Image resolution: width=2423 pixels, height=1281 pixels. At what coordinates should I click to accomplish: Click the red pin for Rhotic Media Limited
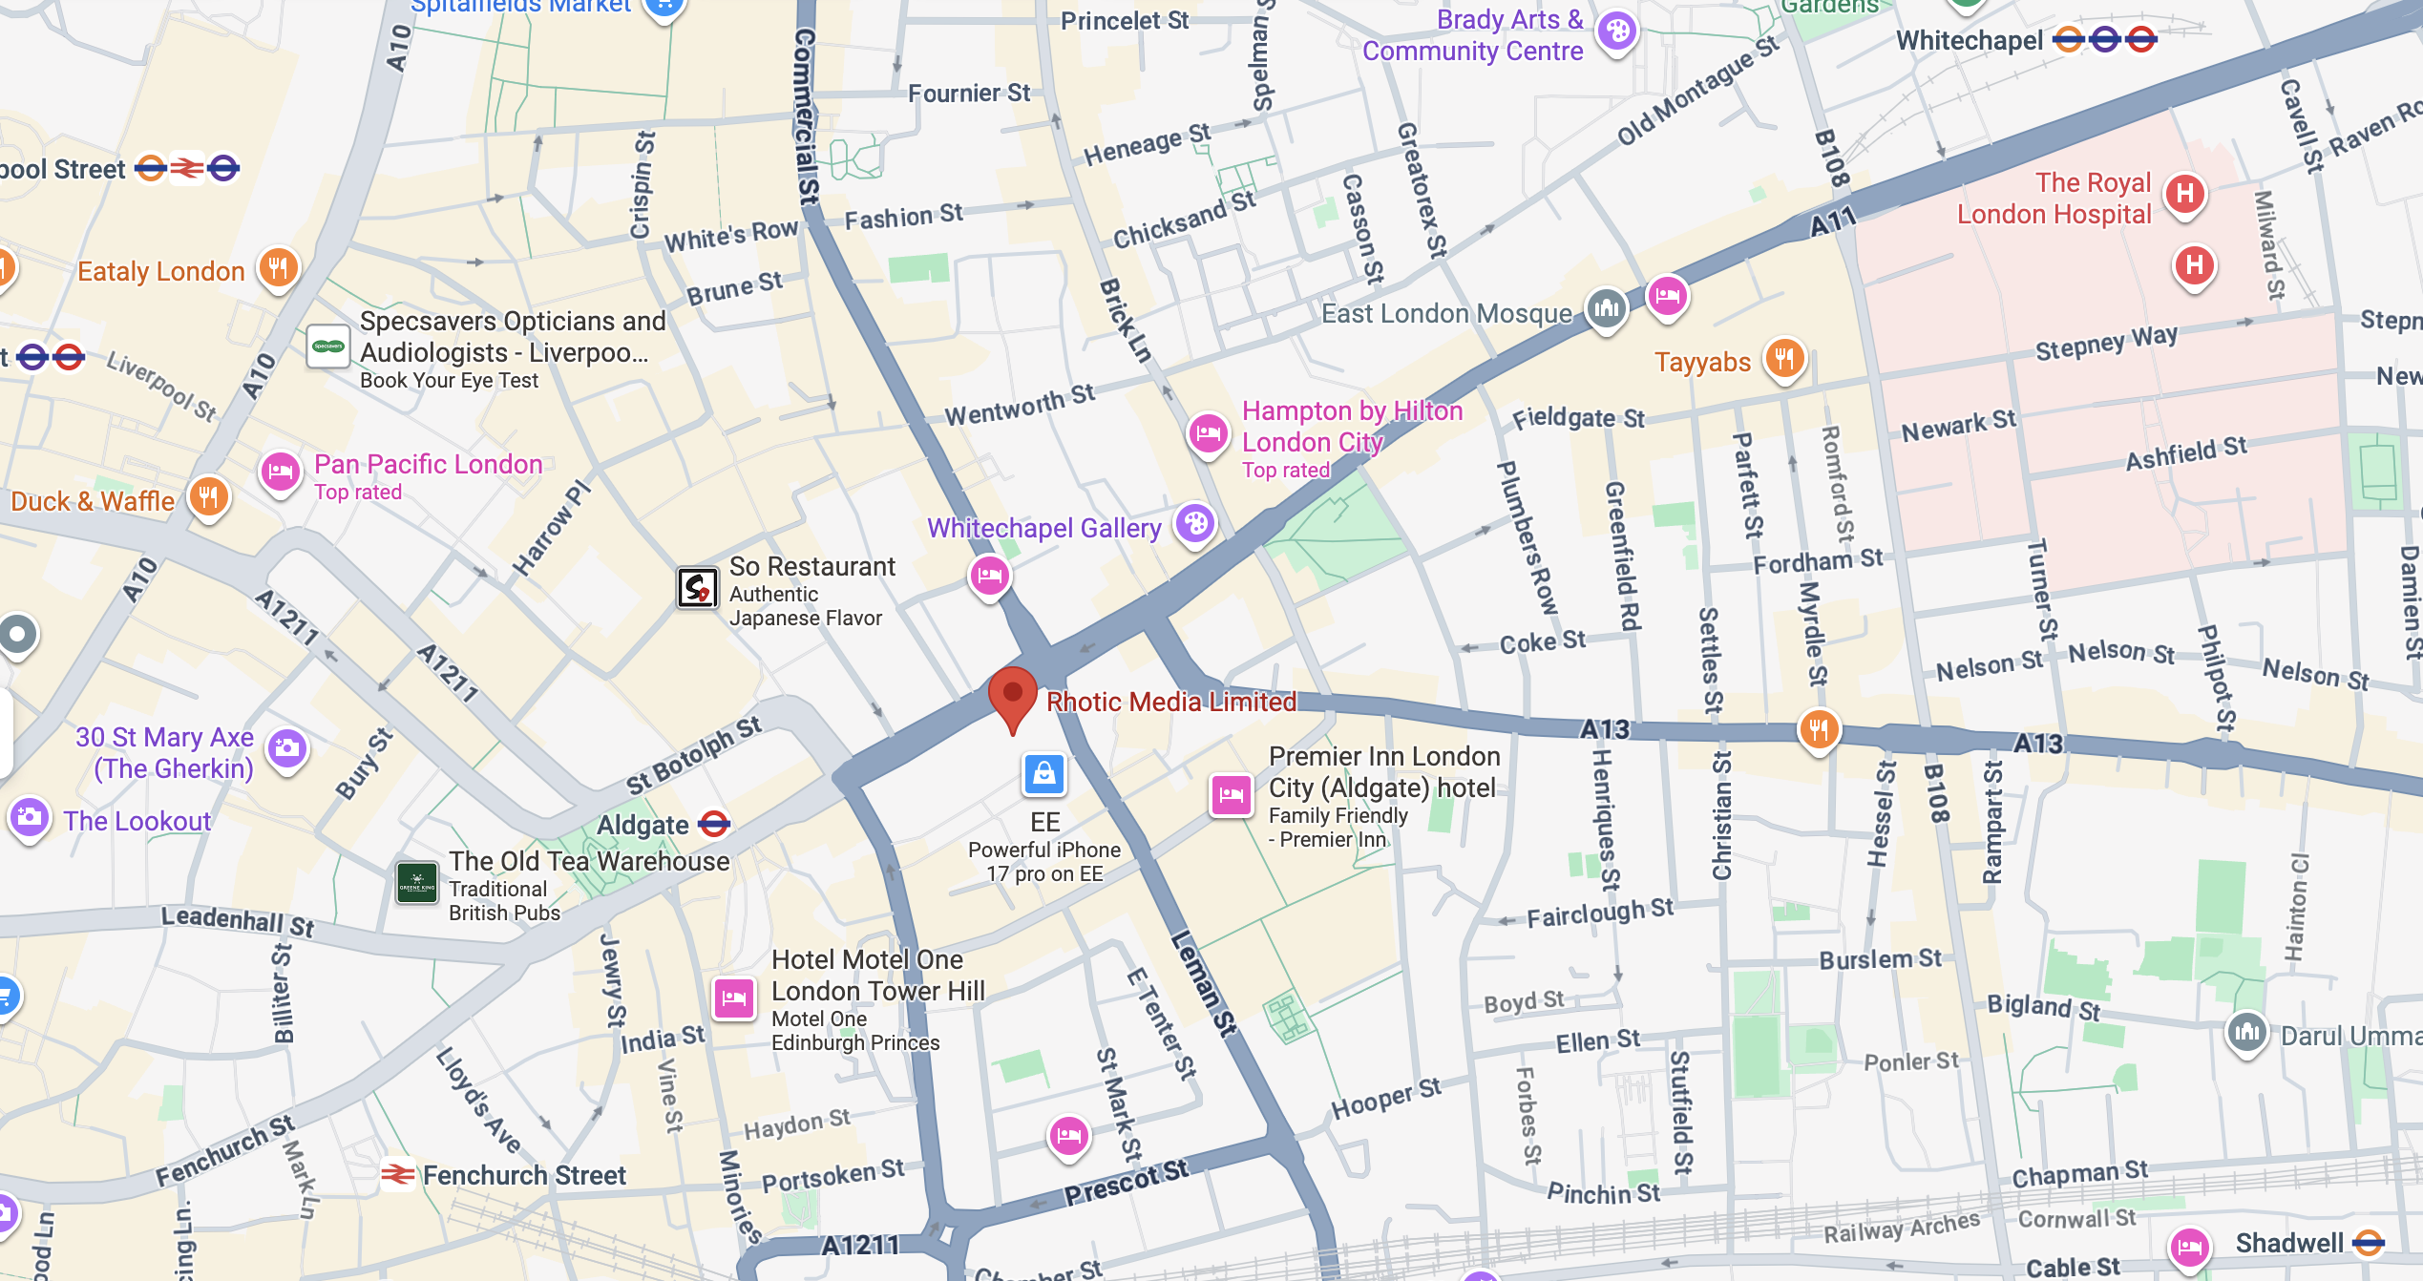1012,695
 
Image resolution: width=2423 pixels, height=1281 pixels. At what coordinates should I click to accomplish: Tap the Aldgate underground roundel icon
714,824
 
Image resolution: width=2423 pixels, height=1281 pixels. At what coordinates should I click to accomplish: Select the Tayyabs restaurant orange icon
1784,360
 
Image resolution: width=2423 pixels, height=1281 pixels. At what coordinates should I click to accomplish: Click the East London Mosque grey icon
1606,308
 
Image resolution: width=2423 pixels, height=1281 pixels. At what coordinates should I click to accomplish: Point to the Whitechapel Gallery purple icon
1195,523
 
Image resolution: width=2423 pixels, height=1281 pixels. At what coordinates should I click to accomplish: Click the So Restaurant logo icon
698,587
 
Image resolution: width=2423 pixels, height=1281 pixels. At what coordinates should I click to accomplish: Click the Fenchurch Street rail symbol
398,1174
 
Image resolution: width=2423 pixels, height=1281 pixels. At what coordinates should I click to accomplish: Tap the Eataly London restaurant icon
278,268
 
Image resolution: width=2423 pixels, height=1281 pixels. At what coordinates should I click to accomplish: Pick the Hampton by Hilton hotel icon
1208,434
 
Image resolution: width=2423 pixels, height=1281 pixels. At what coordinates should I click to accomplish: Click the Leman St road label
1205,983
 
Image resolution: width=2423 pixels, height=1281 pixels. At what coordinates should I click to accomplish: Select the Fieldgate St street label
1578,418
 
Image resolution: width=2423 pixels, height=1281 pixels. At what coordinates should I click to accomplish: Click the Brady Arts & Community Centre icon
1617,31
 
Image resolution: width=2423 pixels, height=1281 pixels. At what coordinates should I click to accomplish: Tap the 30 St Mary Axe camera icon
286,749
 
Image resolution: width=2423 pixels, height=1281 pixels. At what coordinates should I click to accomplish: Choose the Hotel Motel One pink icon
734,998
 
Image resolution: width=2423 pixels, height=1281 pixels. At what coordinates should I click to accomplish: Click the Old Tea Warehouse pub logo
417,883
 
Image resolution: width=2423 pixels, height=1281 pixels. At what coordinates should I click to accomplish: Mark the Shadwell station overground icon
2369,1242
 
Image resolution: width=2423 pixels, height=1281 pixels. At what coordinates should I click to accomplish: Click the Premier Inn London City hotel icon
1231,794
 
